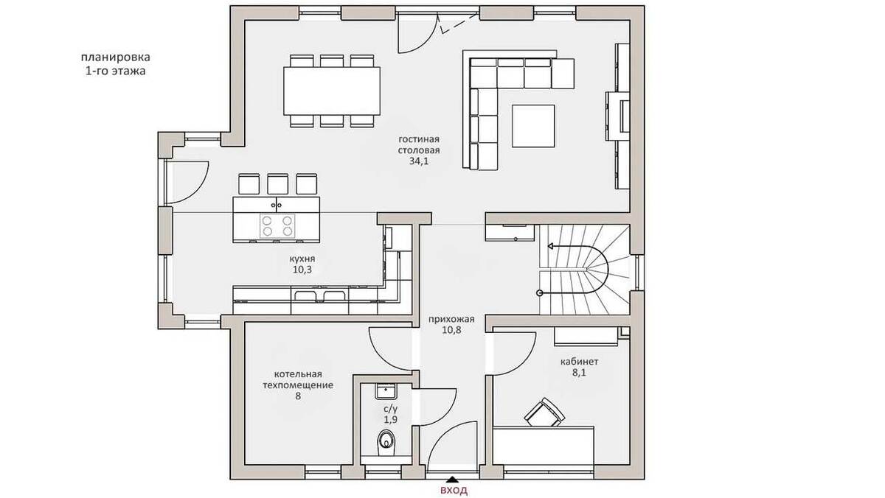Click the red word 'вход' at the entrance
(x=454, y=491)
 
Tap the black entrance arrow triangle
(x=452, y=480)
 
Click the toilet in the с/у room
(x=386, y=443)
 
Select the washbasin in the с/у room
(x=386, y=391)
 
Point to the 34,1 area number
(x=419, y=161)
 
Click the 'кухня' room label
(x=302, y=259)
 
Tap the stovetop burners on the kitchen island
(x=277, y=225)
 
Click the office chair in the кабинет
(x=544, y=413)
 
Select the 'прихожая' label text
(x=451, y=319)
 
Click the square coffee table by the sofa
(x=533, y=126)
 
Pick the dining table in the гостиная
(x=332, y=91)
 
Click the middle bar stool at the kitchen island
(x=277, y=184)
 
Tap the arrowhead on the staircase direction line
(x=550, y=246)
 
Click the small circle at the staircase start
(x=540, y=292)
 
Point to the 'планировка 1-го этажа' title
(x=115, y=64)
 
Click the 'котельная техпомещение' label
(x=298, y=379)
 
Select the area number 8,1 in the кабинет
(x=579, y=373)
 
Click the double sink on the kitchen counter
(x=319, y=295)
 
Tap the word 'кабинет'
(x=579, y=362)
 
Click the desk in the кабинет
(x=544, y=446)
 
